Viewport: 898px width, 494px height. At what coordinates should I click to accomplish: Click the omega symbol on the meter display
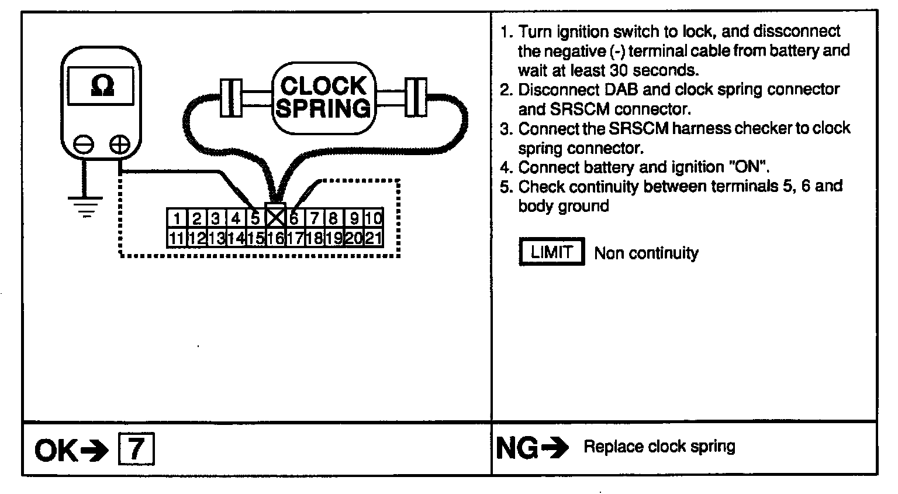click(x=102, y=86)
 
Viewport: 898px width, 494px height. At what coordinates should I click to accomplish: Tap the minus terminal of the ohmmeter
click(x=84, y=144)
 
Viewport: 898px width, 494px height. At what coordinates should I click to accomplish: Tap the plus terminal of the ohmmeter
click(x=120, y=144)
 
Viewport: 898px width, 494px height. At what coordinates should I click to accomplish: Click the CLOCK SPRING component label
click(x=323, y=97)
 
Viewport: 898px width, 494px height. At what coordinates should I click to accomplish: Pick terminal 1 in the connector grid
click(x=176, y=219)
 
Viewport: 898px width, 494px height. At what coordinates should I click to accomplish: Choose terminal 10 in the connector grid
click(x=374, y=219)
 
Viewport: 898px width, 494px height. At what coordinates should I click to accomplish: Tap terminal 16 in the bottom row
click(x=275, y=238)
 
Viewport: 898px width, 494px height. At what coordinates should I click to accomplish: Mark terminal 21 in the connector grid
click(x=374, y=238)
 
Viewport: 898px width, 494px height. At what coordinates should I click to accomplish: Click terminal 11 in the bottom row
click(x=176, y=238)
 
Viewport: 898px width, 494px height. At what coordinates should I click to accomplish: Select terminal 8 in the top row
click(x=333, y=219)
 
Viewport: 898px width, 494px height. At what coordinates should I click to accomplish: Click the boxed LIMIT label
click(x=551, y=252)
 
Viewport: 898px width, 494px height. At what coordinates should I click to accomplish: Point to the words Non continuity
click(x=646, y=253)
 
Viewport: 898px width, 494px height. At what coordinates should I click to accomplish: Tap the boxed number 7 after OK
click(x=136, y=450)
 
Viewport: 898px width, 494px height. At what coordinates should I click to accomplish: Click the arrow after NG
click(x=555, y=449)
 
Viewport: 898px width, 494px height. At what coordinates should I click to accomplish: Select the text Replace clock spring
click(x=659, y=447)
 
